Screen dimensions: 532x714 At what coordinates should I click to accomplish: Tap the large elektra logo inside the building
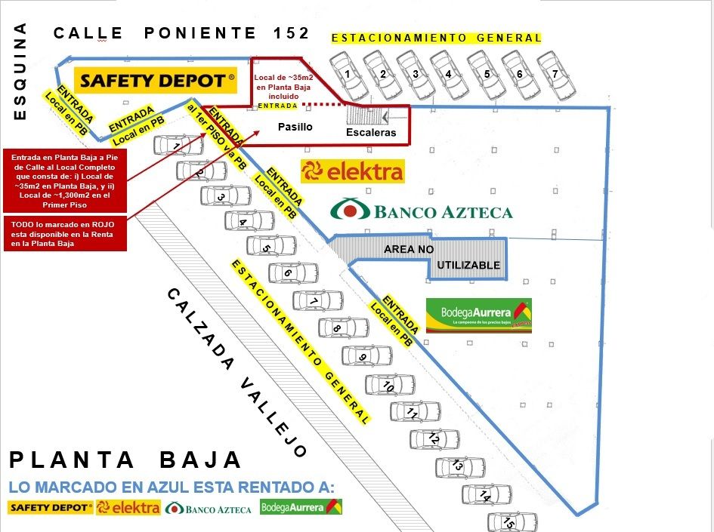point(352,171)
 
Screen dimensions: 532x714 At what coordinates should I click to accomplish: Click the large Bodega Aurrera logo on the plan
point(479,315)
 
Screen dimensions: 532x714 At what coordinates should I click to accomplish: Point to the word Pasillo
point(295,127)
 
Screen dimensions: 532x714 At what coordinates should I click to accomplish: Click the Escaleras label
point(371,132)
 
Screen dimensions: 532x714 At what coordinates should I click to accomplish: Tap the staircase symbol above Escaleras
point(366,115)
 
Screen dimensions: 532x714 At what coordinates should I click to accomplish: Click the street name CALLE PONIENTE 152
point(181,32)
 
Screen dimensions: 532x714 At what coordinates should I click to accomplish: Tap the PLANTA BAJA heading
point(125,460)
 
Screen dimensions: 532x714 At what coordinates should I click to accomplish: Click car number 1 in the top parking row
point(348,74)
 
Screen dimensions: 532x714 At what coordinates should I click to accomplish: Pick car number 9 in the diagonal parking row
point(366,355)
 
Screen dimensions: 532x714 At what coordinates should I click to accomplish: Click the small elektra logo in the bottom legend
point(128,508)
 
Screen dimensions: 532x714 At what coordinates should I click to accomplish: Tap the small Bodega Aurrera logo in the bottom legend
point(301,507)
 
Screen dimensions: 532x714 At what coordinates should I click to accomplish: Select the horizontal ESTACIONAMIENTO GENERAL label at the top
point(437,38)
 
